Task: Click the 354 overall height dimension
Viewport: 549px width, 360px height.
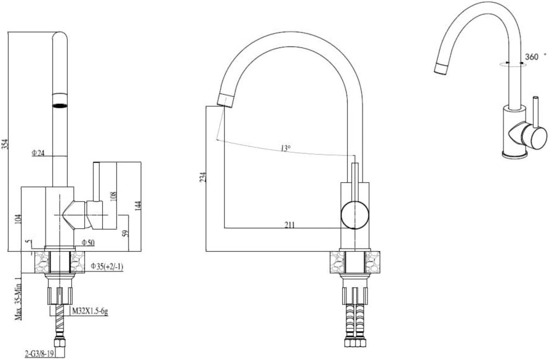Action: [5, 144]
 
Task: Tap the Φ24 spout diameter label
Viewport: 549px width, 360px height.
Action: [39, 153]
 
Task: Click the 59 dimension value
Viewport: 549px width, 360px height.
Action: [126, 233]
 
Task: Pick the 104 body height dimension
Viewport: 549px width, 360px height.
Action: [18, 219]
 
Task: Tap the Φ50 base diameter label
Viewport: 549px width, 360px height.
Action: [88, 242]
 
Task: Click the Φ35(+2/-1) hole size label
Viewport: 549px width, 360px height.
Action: [107, 266]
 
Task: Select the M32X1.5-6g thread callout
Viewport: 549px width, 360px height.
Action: [90, 311]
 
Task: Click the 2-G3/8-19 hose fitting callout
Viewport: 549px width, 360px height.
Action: [39, 354]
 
